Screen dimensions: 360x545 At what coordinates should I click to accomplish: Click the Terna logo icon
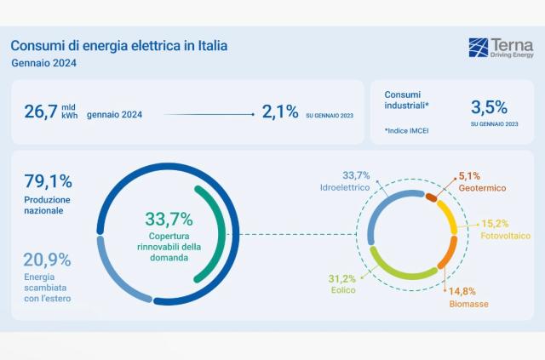(x=478, y=47)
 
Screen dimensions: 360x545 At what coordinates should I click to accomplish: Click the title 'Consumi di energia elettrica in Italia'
(x=118, y=44)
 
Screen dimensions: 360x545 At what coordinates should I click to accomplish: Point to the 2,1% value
(x=279, y=111)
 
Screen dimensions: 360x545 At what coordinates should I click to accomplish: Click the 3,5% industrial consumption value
(x=489, y=107)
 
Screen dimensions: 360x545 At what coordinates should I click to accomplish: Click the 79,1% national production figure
(x=48, y=180)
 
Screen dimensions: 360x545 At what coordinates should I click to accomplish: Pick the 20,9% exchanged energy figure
(x=48, y=260)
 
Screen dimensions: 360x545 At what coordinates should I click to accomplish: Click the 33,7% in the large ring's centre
(x=169, y=219)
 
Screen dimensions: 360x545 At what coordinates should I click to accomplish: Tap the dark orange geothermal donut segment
(x=431, y=197)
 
